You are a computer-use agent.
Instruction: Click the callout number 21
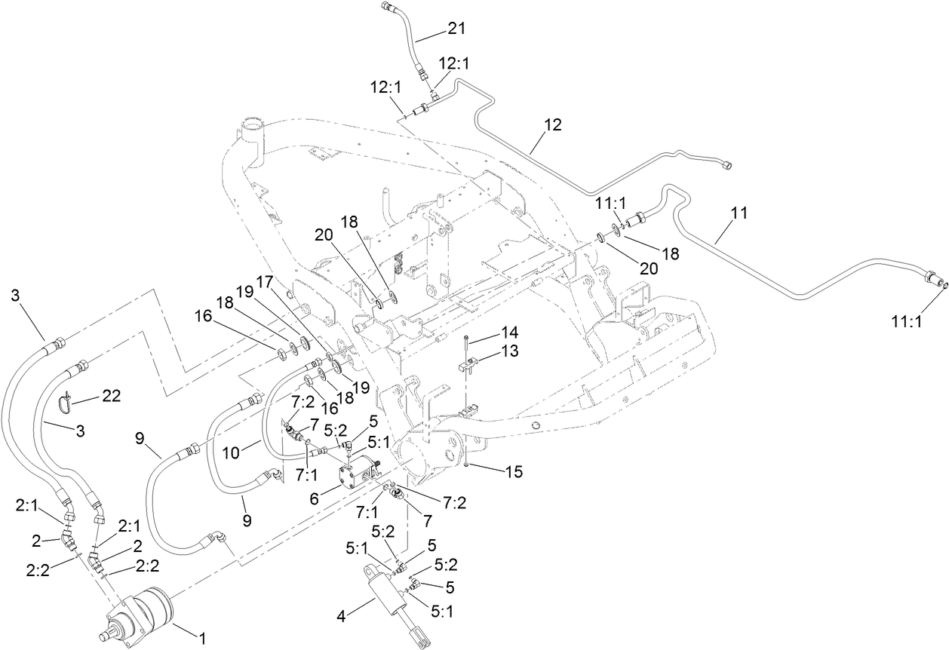click(456, 29)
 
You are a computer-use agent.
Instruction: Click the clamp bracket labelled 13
click(468, 366)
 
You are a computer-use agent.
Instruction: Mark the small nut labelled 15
click(468, 464)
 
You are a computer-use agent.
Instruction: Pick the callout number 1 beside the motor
click(201, 639)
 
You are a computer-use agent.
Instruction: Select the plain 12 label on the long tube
click(552, 125)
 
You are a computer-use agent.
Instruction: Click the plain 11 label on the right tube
click(739, 213)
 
